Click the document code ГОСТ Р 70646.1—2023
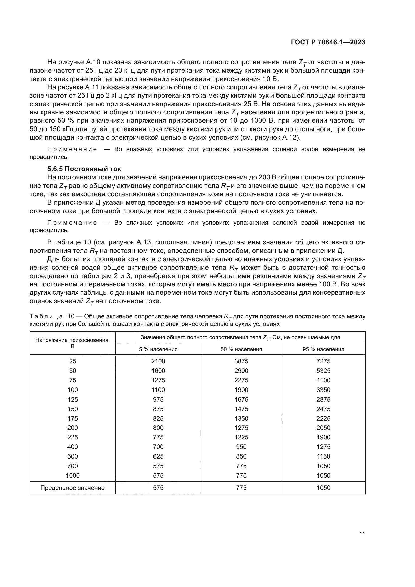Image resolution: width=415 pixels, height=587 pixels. [328, 42]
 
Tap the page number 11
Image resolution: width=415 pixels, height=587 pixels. [362, 534]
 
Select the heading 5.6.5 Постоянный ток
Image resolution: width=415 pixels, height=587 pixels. [84, 169]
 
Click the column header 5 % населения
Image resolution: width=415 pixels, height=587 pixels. [158, 349]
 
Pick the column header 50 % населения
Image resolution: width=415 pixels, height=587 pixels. [241, 349]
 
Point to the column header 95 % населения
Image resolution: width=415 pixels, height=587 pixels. [323, 349]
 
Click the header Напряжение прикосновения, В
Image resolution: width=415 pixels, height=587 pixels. [73, 343]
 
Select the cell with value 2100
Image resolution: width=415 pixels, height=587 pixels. [158, 361]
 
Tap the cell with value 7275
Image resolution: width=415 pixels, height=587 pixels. [323, 361]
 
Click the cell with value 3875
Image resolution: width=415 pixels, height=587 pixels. [241, 361]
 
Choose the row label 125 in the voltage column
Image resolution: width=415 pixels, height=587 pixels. [73, 399]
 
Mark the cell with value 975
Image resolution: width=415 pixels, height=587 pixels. [158, 399]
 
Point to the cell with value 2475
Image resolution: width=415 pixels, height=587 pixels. [323, 409]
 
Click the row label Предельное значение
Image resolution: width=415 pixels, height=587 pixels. [73, 488]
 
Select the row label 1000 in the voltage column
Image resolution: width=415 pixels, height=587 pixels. [73, 476]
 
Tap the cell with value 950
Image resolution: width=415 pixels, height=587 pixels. [241, 447]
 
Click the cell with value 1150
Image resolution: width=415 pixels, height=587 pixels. [323, 456]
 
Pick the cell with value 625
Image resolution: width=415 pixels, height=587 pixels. [158, 456]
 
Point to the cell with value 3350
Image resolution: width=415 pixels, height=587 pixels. [323, 390]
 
